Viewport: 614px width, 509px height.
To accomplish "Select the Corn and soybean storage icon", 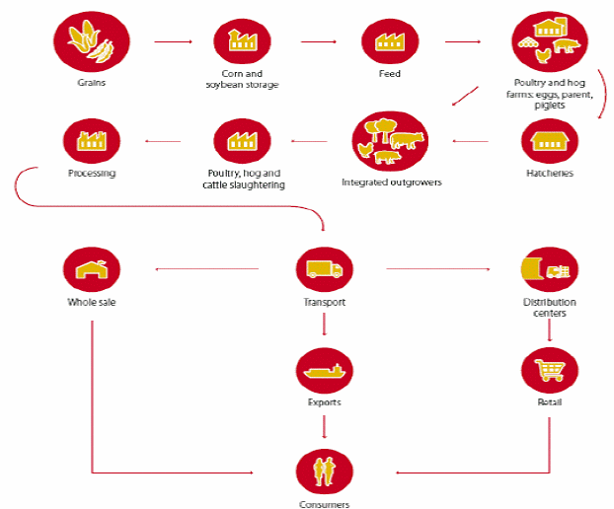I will point(242,41).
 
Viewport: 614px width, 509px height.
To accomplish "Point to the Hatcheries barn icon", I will point(549,140).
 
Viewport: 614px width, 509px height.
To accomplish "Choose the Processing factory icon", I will point(91,141).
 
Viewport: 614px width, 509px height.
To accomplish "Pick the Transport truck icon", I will point(324,267).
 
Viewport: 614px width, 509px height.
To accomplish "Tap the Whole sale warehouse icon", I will point(91,267).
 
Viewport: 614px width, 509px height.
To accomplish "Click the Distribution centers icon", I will point(549,267).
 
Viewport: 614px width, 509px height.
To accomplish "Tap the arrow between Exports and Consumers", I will point(324,426).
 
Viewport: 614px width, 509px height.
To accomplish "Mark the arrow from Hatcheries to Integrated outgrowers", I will point(471,141).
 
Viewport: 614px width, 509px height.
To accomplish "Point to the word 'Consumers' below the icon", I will point(324,504).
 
